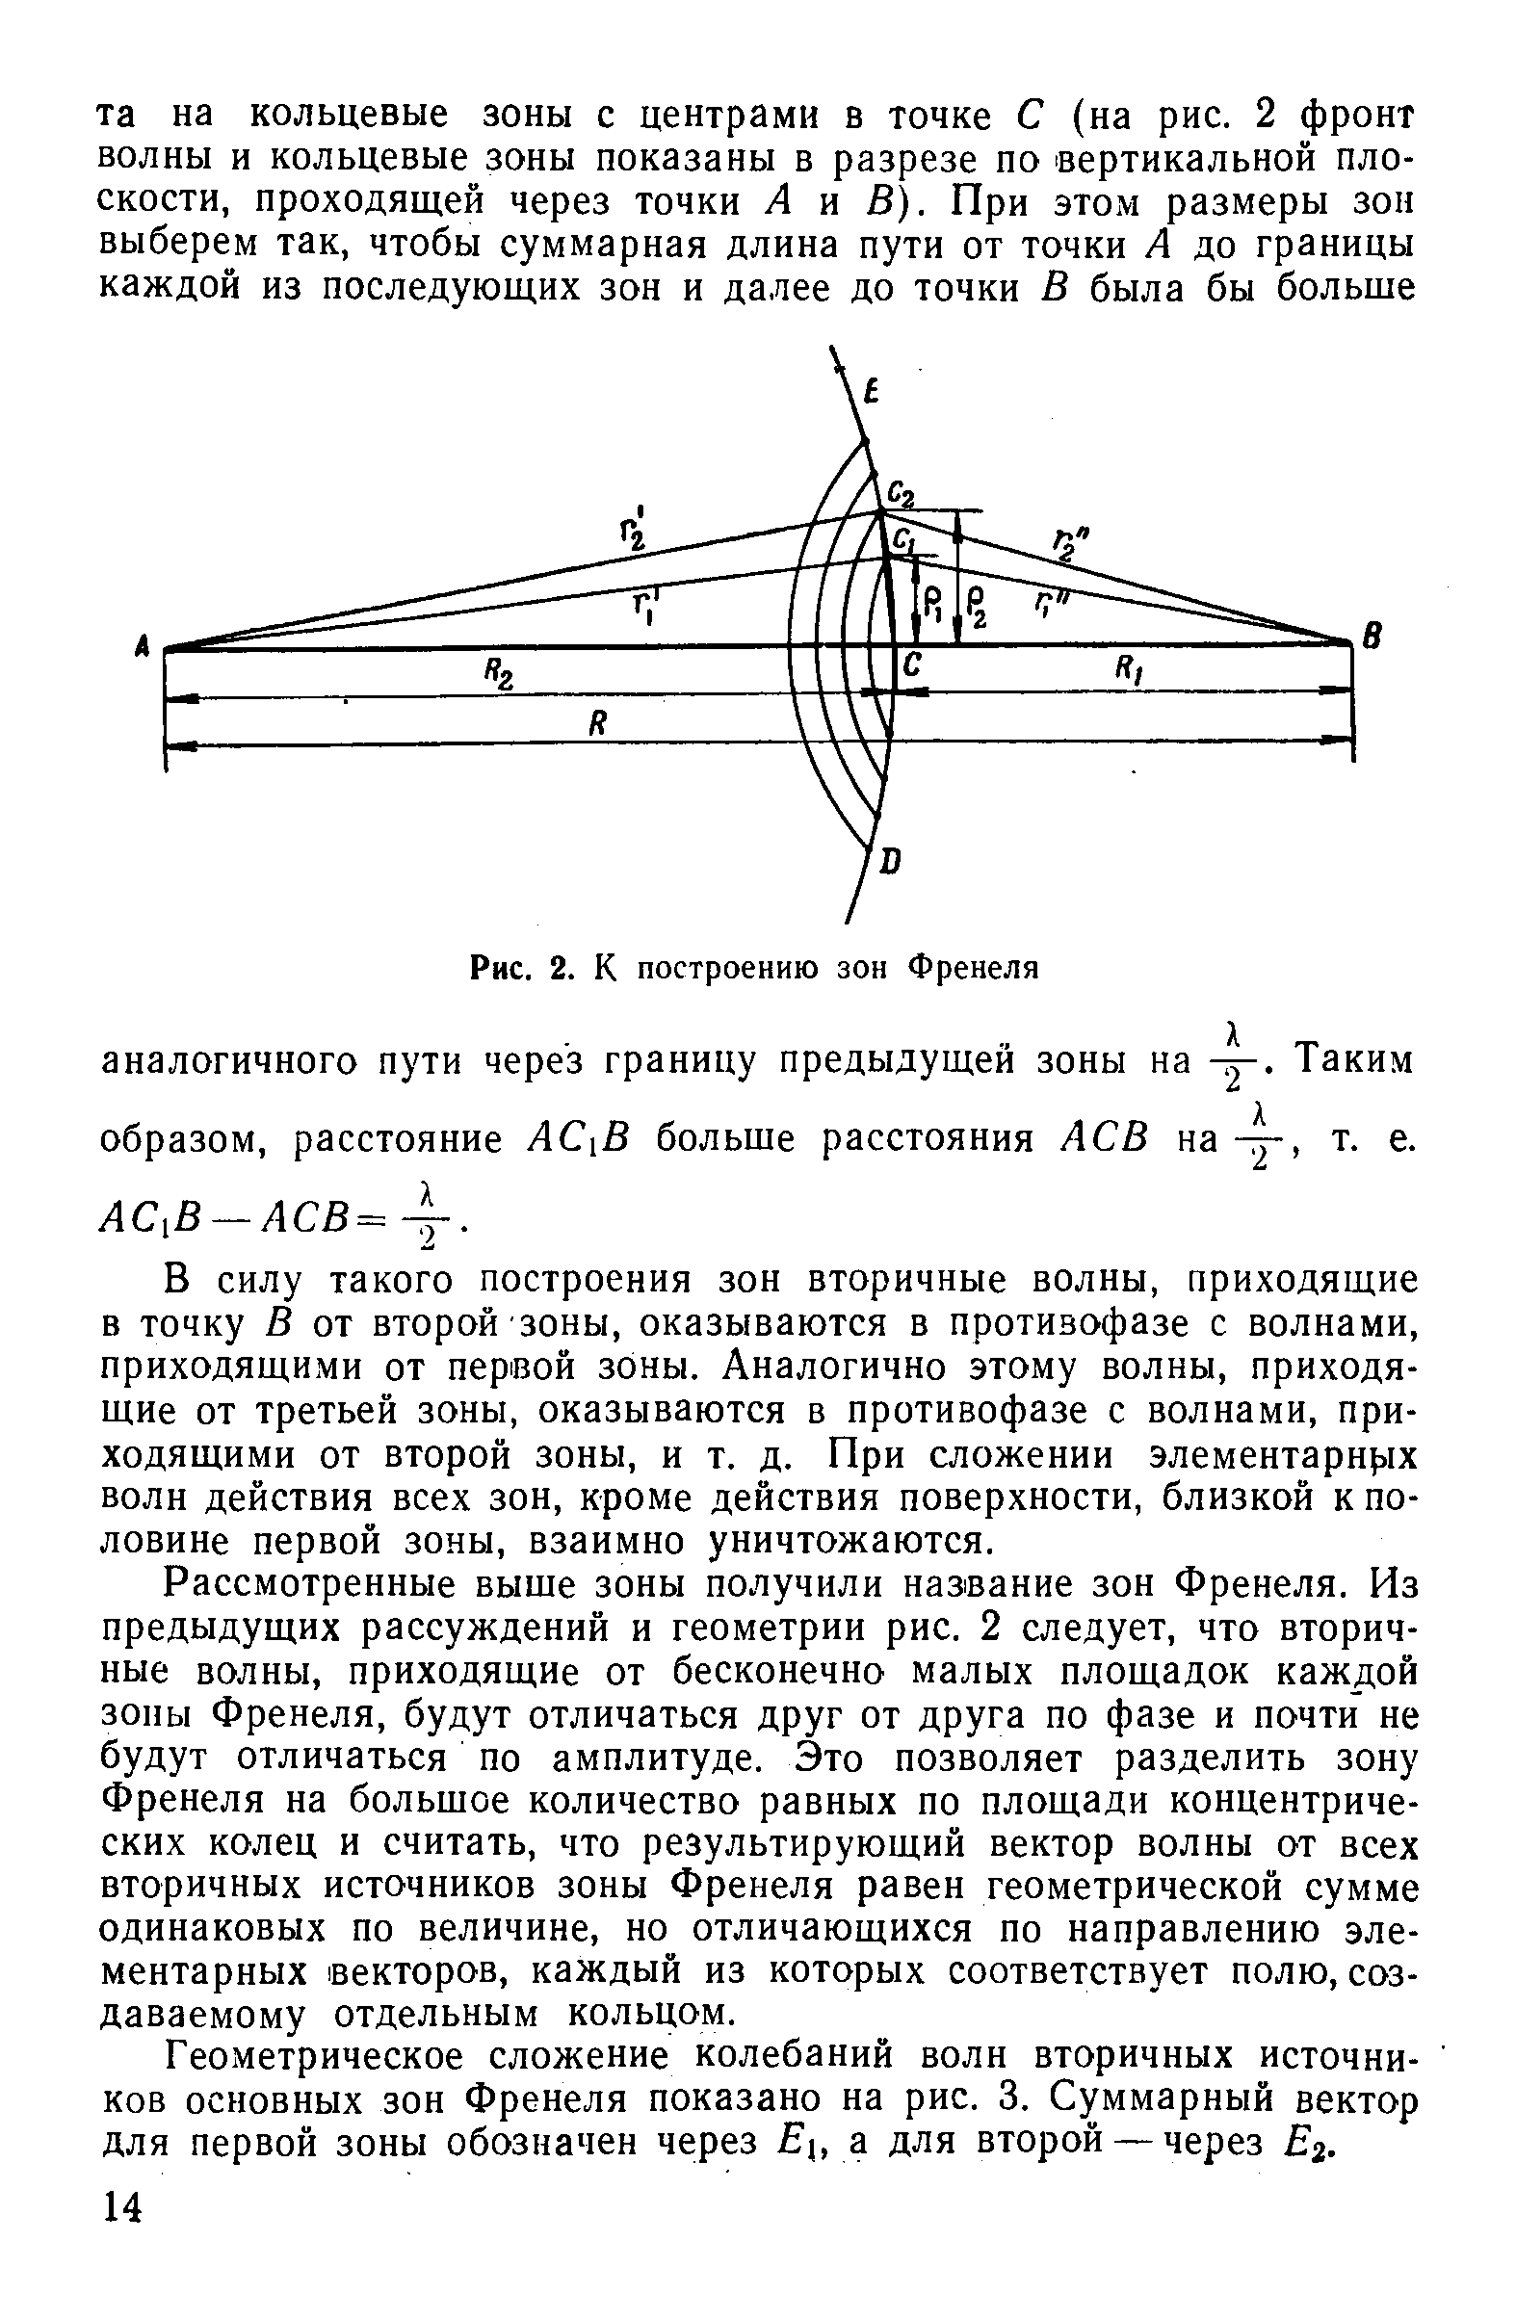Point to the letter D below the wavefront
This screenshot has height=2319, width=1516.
point(890,860)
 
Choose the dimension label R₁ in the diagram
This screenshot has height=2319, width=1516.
point(1131,668)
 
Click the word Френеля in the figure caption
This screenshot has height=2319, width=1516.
point(976,967)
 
